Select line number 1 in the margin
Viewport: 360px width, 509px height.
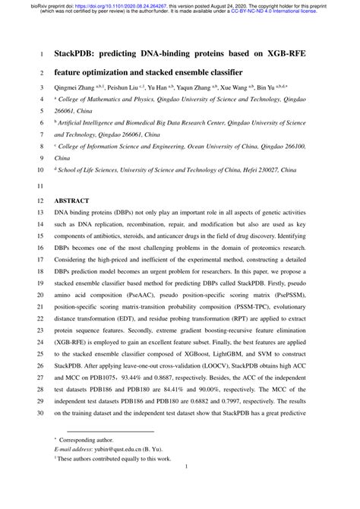[x=40, y=55]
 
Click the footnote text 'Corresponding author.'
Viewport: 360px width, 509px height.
[x=90, y=460]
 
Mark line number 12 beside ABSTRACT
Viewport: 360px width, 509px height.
[x=40, y=201]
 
